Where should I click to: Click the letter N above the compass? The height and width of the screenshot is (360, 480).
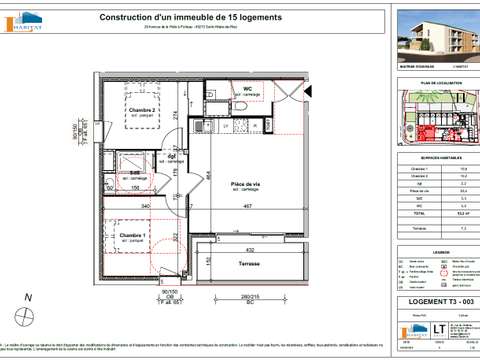pos(29,297)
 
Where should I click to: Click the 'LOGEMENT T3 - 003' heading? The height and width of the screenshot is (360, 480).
pos(434,301)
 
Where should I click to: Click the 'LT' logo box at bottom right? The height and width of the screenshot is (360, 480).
pos(410,326)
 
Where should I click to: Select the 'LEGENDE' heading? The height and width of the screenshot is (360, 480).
pos(434,253)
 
